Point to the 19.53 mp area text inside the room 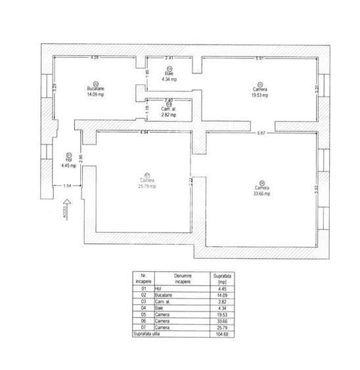click(x=261, y=95)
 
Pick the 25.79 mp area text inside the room click(x=148, y=186)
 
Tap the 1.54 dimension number click(x=68, y=187)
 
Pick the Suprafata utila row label click(x=147, y=333)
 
